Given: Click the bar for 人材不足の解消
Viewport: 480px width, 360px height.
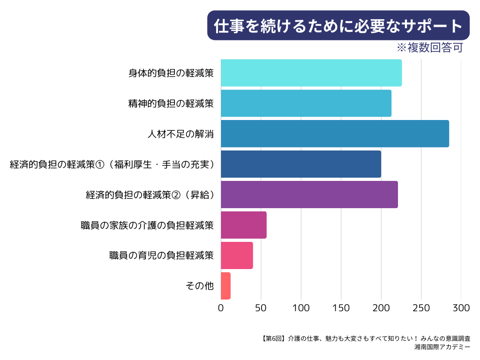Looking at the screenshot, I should point(335,134).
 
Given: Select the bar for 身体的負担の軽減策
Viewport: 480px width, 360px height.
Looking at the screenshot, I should point(311,73).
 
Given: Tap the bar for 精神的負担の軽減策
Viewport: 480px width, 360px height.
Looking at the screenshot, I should point(306,103).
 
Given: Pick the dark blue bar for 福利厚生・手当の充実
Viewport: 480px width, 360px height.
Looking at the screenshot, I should point(301,164).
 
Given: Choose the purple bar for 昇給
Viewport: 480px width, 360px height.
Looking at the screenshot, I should point(309,195).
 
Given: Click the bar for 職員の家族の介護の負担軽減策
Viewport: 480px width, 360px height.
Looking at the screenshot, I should point(244,225).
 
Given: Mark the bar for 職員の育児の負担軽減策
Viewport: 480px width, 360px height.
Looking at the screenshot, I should point(237,255).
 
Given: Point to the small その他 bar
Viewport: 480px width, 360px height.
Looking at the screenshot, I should point(225,286).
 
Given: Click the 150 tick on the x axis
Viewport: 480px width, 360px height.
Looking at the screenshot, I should point(341,308).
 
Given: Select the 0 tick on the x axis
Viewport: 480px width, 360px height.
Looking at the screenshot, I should point(221,308).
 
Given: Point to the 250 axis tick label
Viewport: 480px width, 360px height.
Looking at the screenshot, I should point(421,308).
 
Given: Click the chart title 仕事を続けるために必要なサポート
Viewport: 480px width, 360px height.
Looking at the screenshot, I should point(338,26).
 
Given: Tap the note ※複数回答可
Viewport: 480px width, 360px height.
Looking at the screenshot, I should point(429,48).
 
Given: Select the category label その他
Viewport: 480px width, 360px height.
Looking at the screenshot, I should point(200,286).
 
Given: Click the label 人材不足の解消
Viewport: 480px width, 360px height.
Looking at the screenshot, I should point(180,134).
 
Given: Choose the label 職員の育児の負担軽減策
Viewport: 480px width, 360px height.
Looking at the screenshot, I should point(161,255).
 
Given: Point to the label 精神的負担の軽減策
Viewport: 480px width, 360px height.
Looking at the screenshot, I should point(171,103).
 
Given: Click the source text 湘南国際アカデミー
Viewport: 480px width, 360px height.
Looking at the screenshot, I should point(442,347).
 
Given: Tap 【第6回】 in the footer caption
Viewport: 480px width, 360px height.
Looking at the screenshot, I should point(272,338).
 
